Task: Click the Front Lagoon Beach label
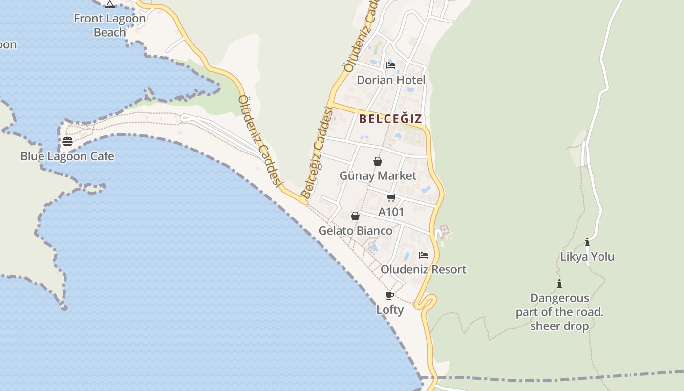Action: (109, 25)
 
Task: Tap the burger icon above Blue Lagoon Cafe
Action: (67, 142)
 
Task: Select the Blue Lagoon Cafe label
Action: (67, 156)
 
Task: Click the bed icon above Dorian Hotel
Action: (391, 65)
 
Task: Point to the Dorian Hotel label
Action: (391, 80)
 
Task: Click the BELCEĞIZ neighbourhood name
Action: (390, 119)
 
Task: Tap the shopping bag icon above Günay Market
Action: (378, 161)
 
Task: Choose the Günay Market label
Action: (378, 176)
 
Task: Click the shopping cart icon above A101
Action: (391, 197)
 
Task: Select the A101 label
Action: (391, 212)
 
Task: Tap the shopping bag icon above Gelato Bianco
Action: (355, 216)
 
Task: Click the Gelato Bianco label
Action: (355, 231)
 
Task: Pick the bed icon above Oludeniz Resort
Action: (424, 255)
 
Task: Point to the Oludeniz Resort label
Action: (424, 270)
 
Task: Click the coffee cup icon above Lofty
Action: (390, 295)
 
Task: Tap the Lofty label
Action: (390, 310)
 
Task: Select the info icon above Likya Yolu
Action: (587, 242)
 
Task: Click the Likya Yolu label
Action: (587, 257)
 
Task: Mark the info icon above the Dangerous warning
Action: (559, 283)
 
